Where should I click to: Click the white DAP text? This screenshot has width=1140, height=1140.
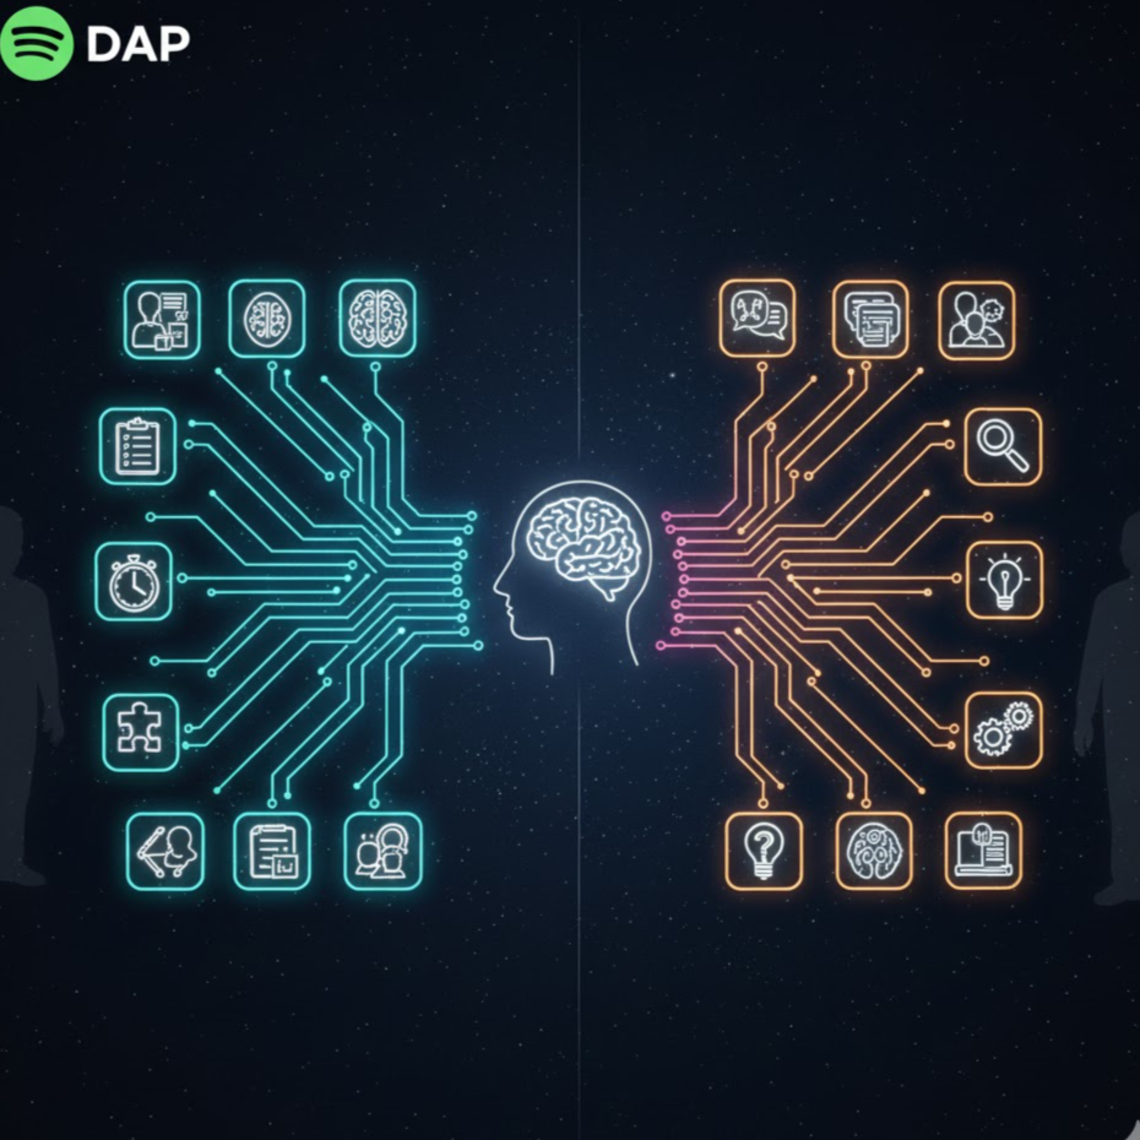pos(138,44)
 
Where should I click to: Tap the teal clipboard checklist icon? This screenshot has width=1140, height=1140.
pos(138,446)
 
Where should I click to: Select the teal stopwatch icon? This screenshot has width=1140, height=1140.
pos(134,581)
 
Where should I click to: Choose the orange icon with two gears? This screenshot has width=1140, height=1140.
pos(1003,730)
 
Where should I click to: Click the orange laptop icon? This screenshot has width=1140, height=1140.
pos(983,850)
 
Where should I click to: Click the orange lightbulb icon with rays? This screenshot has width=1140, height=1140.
pos(1004,580)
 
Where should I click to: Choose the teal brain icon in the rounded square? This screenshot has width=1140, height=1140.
pos(378,318)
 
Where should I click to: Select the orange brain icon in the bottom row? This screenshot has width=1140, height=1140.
pos(874,850)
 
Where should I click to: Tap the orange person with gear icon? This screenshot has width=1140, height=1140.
pos(977,320)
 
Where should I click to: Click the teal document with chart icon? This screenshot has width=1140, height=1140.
pos(272,851)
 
